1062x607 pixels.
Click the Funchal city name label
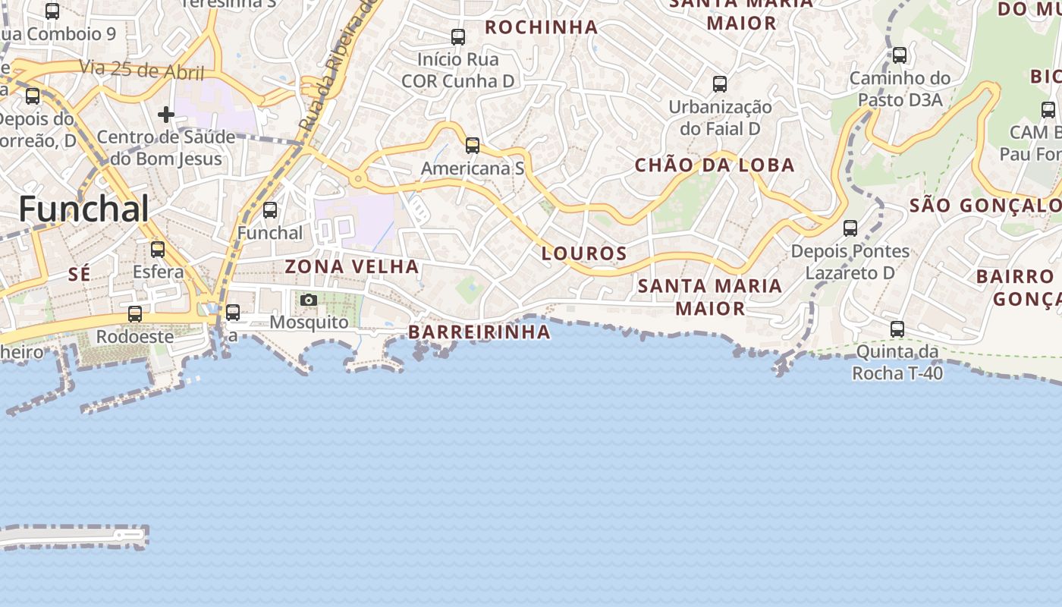83,209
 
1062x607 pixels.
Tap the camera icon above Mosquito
308,300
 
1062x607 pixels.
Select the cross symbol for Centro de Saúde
166,115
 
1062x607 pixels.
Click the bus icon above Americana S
473,146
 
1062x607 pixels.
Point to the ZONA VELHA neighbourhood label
352,266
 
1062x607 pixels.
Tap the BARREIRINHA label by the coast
479,332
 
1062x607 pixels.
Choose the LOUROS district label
584,253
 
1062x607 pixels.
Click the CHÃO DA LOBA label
715,165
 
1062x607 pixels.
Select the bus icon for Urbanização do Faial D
720,84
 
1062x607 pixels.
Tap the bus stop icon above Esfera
158,250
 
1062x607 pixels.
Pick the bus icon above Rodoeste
135,314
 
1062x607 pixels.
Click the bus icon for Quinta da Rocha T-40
897,329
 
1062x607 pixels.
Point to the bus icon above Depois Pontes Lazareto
850,228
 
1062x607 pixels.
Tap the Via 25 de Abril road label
142,71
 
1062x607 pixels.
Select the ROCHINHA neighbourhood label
542,28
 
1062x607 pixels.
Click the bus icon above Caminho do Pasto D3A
900,55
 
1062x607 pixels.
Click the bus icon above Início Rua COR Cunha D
458,36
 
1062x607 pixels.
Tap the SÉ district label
79,275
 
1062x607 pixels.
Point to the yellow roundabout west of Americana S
357,180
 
